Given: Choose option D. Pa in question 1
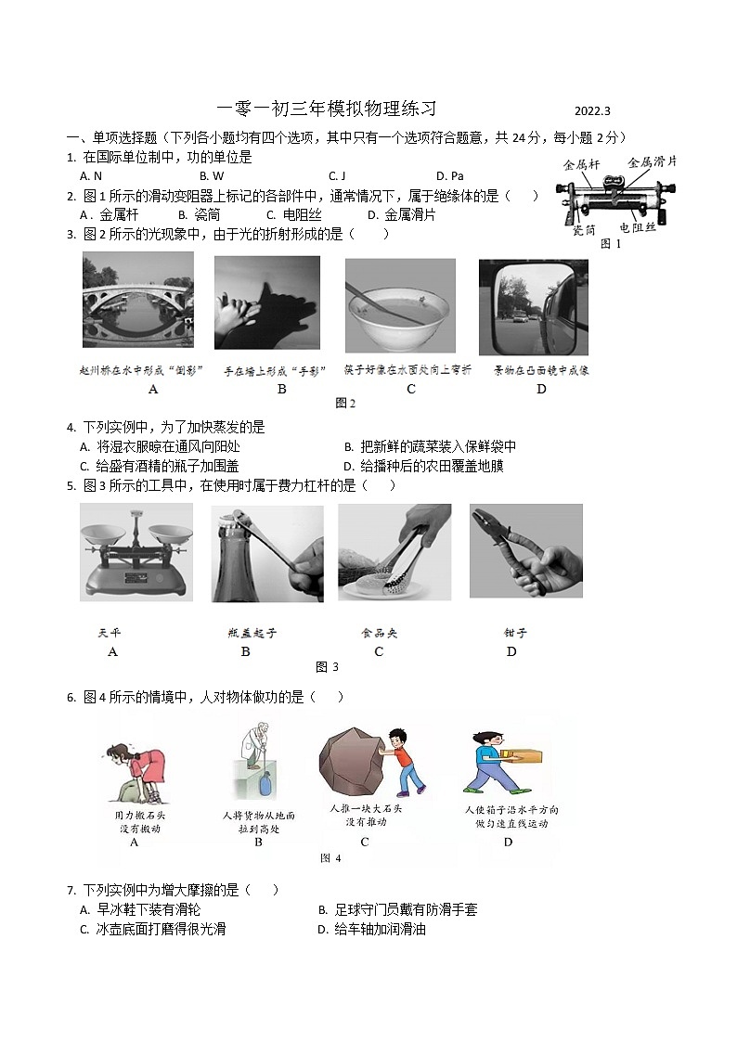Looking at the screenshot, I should click(449, 176).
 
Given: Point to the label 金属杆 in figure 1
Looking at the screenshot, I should click(582, 164).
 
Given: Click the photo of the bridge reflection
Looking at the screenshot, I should click(137, 302).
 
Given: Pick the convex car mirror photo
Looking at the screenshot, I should click(533, 306).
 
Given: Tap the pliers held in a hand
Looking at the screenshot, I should click(525, 553).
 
